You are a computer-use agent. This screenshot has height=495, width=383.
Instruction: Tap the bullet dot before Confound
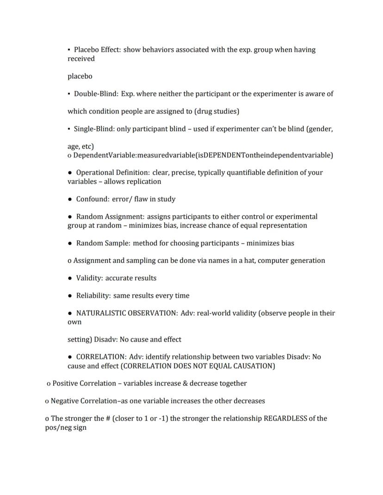coord(70,199)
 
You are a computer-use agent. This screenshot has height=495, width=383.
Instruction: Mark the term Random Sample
coord(103,243)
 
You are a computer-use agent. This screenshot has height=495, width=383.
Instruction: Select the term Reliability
coord(93,296)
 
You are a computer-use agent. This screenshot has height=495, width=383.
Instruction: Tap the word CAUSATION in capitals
coord(253,366)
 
